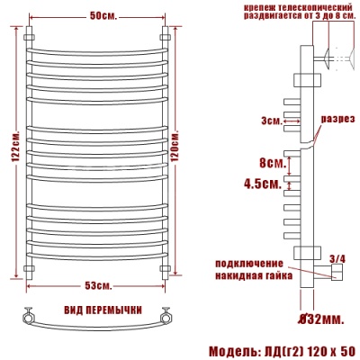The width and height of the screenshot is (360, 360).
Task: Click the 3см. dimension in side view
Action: tap(270, 120)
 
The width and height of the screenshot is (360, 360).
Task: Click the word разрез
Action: tap(336, 121)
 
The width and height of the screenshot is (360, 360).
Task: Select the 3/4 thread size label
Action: tap(337, 259)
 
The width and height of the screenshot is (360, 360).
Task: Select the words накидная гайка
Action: tap(253, 274)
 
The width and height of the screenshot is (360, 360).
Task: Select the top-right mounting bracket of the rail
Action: tap(165, 38)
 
